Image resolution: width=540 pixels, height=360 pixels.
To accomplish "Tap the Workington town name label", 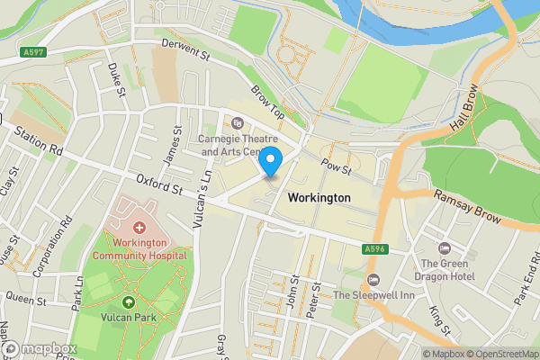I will pyautogui.click(x=318, y=197).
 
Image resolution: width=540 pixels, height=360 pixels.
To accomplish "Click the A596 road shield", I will pyautogui.click(x=376, y=247).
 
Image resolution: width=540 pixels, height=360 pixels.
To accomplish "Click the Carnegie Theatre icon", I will pyautogui.click(x=238, y=122).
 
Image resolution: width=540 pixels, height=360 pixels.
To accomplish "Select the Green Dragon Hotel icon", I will pyautogui.click(x=442, y=247).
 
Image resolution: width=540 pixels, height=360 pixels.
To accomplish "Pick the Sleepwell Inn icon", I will pyautogui.click(x=374, y=279).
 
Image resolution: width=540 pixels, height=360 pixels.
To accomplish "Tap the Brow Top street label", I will pyautogui.click(x=267, y=103).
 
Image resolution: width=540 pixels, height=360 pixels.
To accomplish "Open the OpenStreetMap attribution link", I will pyautogui.click(x=499, y=354).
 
